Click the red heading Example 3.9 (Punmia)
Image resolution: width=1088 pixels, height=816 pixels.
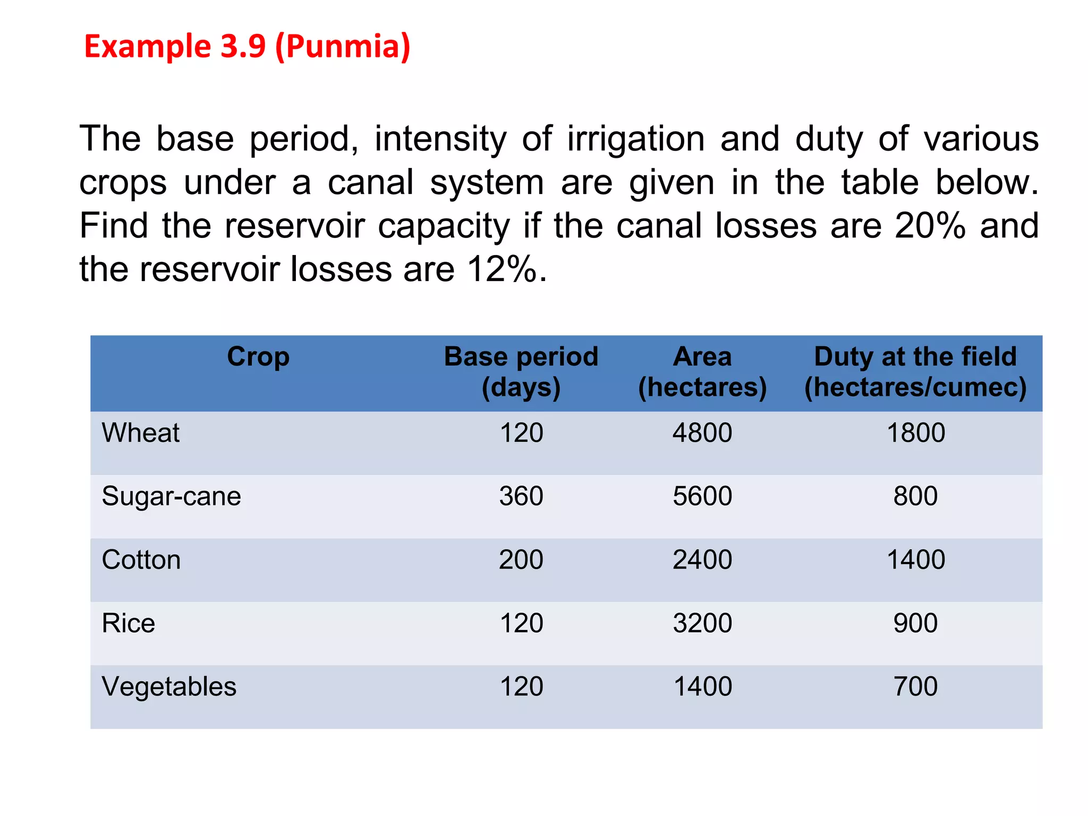point(247,47)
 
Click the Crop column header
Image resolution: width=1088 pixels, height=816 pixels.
point(258,356)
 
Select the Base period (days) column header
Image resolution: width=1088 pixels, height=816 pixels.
point(521,371)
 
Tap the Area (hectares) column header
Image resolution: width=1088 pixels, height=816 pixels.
point(702,371)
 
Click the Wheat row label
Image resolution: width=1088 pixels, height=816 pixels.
point(141,432)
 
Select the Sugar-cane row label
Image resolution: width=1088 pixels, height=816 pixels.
point(171,496)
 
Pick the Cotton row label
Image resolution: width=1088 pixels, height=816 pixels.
point(141,559)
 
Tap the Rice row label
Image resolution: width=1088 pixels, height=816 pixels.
point(129,623)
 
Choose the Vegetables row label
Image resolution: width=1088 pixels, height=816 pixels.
point(169,686)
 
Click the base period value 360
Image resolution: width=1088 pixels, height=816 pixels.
point(521,496)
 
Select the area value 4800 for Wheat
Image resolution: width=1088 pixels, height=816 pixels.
point(702,432)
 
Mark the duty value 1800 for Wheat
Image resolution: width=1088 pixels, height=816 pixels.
point(915,432)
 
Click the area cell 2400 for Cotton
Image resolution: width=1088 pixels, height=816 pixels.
point(702,559)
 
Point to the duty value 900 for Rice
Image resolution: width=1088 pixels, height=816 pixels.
point(915,623)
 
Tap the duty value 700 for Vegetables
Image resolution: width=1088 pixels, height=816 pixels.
point(915,686)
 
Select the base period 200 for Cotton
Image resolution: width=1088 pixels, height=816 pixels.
point(521,559)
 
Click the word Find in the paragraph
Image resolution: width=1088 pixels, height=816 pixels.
point(113,226)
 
